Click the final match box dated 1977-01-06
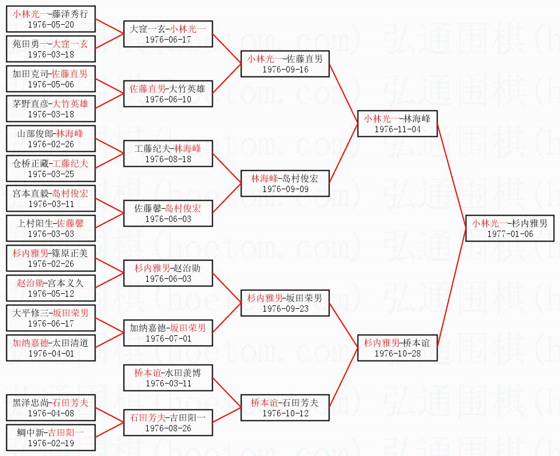pyautogui.click(x=510, y=228)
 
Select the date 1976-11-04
pyautogui.click(x=397, y=129)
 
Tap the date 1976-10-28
pyautogui.click(x=397, y=353)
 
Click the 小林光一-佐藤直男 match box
pyautogui.click(x=285, y=63)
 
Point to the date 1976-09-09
pyautogui.click(x=285, y=189)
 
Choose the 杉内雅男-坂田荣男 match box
pyautogui.click(x=285, y=302)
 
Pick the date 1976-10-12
pyautogui.click(x=285, y=413)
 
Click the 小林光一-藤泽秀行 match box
pyautogui.click(x=51, y=18)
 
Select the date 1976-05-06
pyautogui.click(x=51, y=84)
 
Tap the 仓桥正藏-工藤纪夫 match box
pyautogui.click(x=51, y=168)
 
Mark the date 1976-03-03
pyautogui.click(x=51, y=233)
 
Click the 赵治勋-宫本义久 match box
pyautogui.click(x=51, y=288)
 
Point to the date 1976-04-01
pyautogui.click(x=51, y=354)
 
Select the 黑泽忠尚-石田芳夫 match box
pyautogui.click(x=51, y=407)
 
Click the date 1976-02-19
pyautogui.click(x=51, y=443)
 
